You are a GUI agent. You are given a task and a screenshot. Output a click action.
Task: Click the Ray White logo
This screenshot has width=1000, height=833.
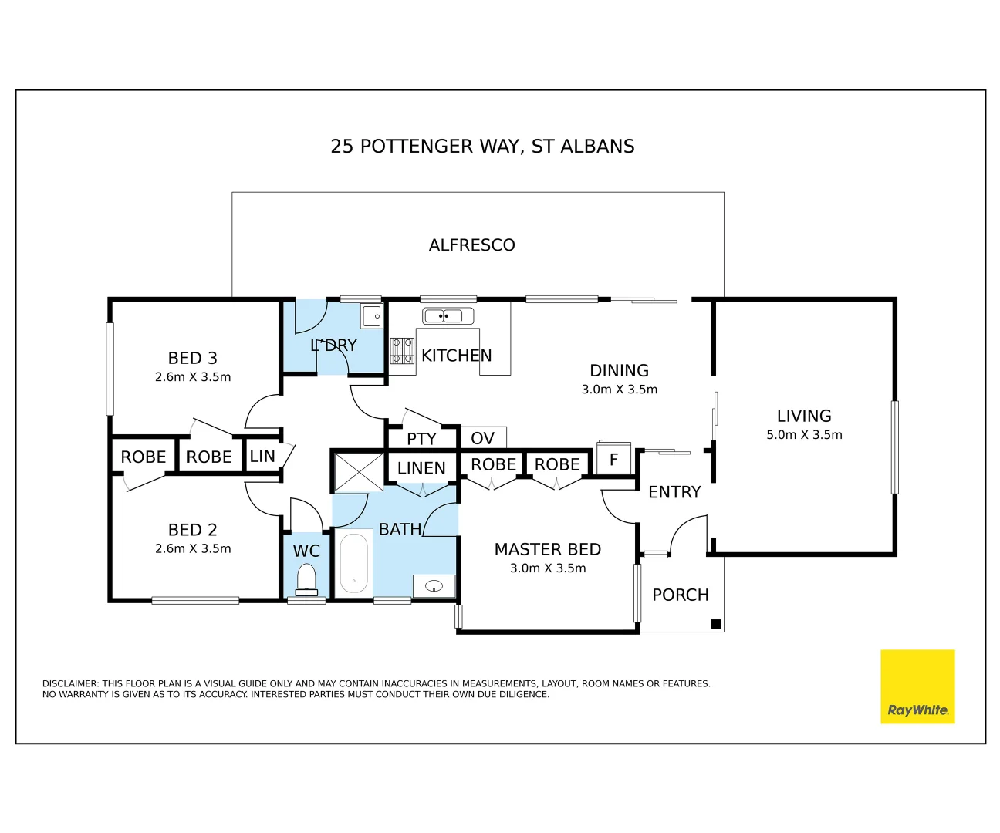(917, 686)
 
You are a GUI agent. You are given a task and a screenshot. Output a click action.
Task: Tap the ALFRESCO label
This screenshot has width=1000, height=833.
(471, 245)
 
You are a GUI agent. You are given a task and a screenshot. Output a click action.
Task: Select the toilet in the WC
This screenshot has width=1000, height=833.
(306, 580)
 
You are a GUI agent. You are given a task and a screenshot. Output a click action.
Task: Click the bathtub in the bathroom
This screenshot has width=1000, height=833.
(353, 563)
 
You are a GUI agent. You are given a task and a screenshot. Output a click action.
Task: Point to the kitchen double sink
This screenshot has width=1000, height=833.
(448, 316)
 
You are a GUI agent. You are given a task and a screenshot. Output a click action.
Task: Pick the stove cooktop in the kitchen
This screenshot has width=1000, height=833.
(402, 350)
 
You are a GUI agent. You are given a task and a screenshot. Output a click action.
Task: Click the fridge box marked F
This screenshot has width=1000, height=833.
(613, 458)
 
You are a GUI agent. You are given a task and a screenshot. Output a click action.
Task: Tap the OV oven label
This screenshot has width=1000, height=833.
(482, 438)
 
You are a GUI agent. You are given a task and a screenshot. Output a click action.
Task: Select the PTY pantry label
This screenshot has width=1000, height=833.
(421, 439)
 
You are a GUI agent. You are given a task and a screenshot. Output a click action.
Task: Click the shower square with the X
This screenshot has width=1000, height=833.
(359, 472)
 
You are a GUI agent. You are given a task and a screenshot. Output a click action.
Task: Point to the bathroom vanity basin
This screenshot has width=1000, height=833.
(434, 585)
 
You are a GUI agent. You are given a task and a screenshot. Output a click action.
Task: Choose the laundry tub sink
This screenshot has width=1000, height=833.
(372, 316)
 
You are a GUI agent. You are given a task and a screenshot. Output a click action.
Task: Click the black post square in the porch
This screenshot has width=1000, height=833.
(715, 624)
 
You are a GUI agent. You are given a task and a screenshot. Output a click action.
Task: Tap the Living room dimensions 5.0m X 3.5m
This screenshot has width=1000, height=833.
(804, 435)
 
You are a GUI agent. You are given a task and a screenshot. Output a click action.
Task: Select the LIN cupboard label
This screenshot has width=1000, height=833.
(262, 457)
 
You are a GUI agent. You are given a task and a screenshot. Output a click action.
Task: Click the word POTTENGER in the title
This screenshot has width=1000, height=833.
(417, 146)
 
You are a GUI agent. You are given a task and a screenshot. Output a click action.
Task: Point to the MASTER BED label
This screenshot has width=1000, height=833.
(547, 549)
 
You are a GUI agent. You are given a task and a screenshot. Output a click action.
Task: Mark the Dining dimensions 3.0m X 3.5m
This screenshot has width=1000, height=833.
(620, 390)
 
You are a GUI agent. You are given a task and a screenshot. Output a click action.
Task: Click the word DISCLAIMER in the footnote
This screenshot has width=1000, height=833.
(70, 683)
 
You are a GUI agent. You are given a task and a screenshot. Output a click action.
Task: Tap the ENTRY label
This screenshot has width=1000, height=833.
(674, 491)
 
